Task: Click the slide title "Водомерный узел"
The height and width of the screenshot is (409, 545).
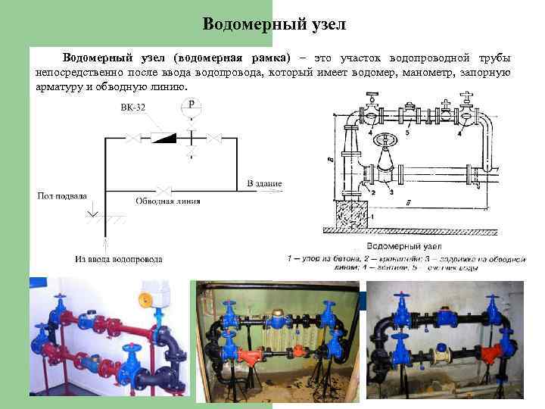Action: tap(274, 24)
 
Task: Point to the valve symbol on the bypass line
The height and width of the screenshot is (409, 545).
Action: tap(160, 190)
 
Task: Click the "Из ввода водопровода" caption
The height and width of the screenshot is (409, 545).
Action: tap(118, 259)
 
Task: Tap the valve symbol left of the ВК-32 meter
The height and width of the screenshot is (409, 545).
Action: tap(132, 138)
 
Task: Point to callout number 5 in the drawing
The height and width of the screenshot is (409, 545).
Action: tap(407, 132)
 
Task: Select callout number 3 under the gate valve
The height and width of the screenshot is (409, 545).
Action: tap(391, 192)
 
